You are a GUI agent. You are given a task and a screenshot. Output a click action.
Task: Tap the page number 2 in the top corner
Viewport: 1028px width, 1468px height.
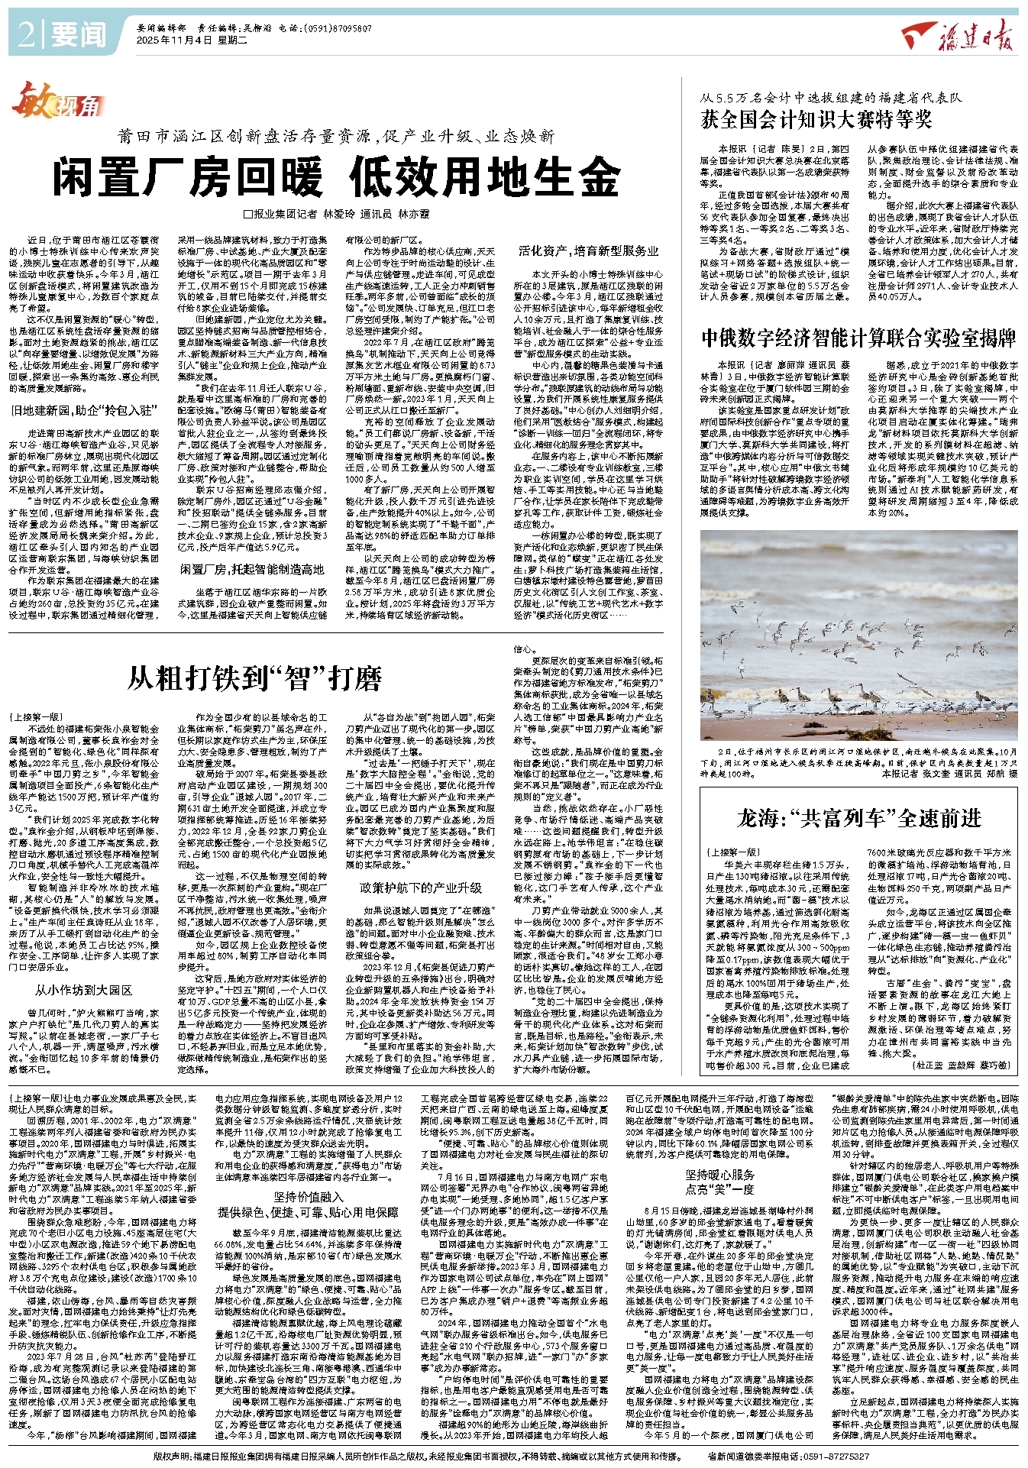coord(24,34)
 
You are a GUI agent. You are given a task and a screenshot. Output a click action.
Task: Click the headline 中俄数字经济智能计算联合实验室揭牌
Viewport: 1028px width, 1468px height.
coord(859,337)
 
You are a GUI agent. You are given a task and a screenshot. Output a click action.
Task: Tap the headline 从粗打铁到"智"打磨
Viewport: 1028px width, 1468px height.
coord(254,677)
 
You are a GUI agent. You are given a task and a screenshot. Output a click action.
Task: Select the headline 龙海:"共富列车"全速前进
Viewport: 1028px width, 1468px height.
coord(859,819)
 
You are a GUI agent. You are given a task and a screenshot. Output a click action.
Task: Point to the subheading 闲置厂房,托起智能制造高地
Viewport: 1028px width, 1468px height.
coord(252,569)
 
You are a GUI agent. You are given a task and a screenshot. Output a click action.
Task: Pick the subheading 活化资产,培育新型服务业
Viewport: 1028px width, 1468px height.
coord(588,251)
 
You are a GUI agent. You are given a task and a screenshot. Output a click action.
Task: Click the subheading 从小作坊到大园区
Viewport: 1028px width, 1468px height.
coord(83,990)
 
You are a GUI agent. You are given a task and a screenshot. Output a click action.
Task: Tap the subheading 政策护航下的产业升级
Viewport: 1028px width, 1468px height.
coord(422,888)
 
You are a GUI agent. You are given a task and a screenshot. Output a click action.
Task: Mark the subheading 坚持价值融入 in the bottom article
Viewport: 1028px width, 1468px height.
coord(309,1197)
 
